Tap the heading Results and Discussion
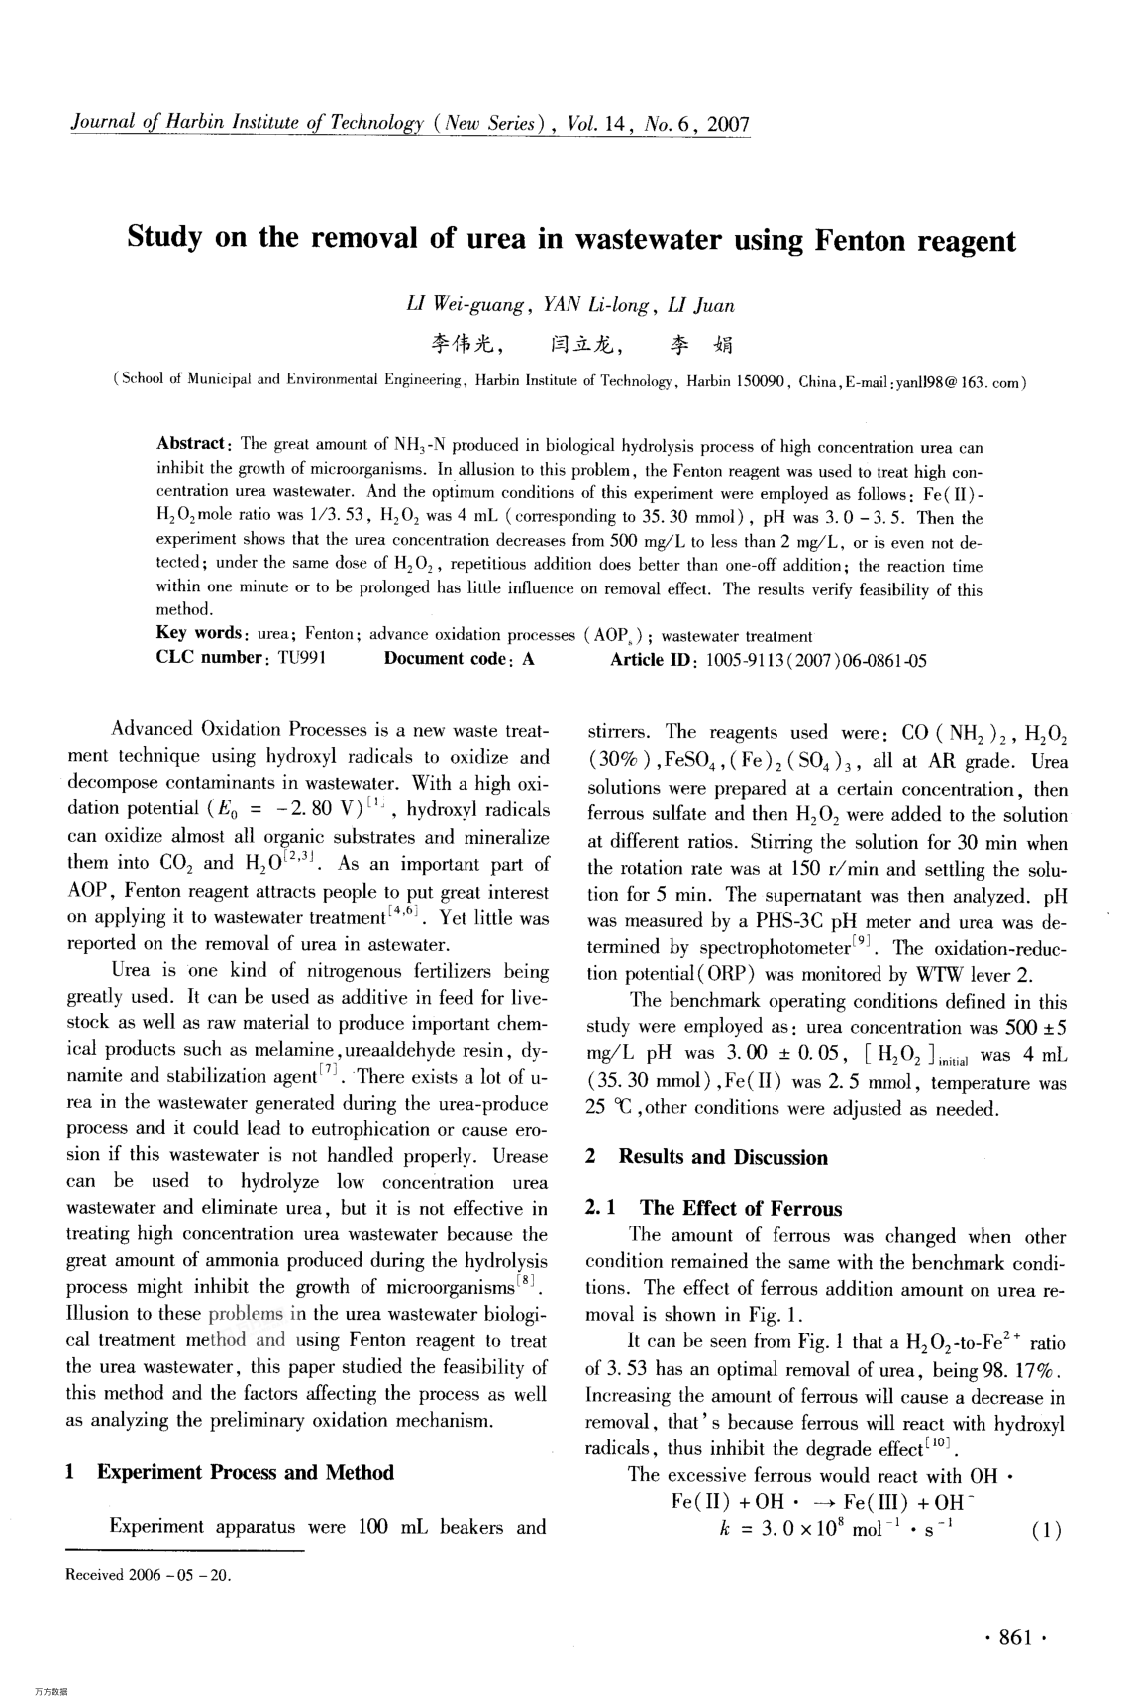pyautogui.click(x=722, y=1158)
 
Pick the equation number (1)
pyautogui.click(x=1046, y=1531)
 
